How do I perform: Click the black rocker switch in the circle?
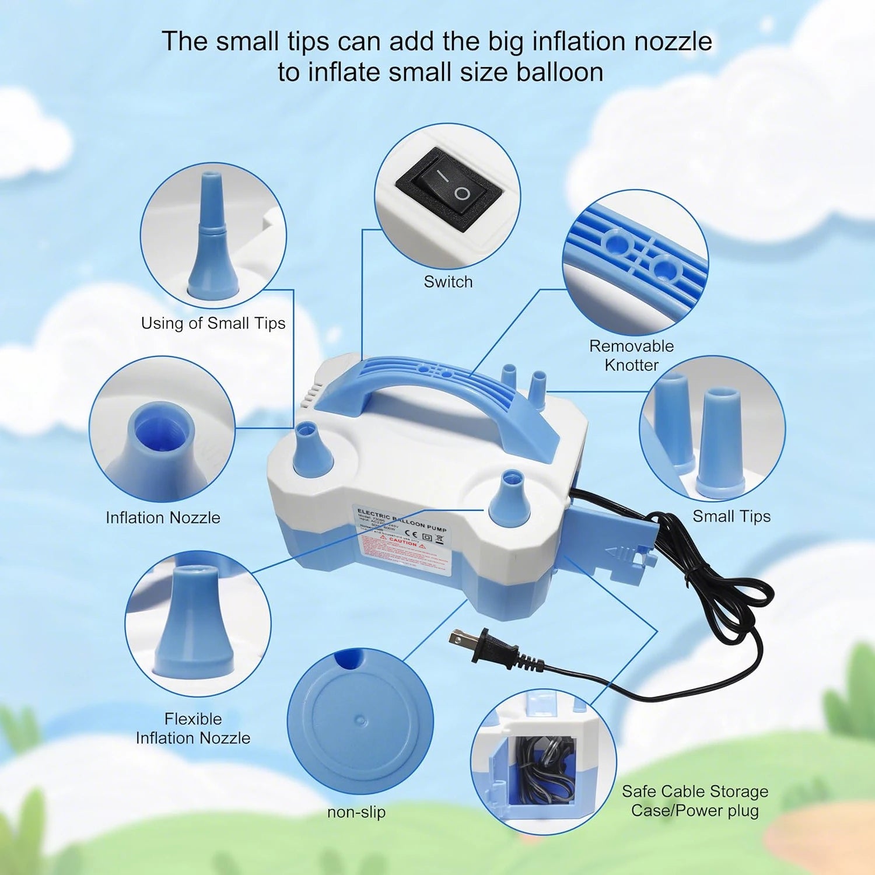point(448,190)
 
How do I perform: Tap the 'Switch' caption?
point(448,282)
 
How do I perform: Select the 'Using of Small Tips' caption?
point(213,323)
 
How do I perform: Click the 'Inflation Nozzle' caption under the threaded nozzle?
point(163,517)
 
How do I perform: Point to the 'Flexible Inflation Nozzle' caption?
point(193,728)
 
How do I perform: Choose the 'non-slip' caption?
point(356,812)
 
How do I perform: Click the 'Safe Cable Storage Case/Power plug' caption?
point(695,800)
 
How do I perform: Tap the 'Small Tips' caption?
point(731,516)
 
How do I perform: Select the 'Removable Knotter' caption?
point(631,355)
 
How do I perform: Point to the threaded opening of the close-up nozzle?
point(162,430)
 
